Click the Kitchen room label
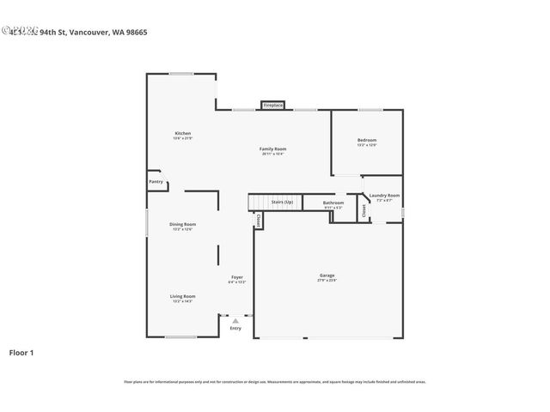point(183,133)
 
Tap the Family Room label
point(272,148)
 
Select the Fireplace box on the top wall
point(273,105)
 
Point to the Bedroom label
point(367,140)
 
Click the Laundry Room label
point(384,195)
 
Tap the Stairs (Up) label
point(282,202)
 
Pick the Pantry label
point(156,182)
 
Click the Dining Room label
point(183,224)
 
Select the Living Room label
point(183,296)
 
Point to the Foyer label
point(236,277)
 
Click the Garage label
point(327,276)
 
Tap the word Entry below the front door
point(235,328)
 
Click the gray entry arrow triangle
point(235,320)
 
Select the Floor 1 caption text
point(21,352)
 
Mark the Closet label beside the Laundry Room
point(364,209)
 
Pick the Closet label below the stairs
point(257,221)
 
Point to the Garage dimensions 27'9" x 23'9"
point(327,281)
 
